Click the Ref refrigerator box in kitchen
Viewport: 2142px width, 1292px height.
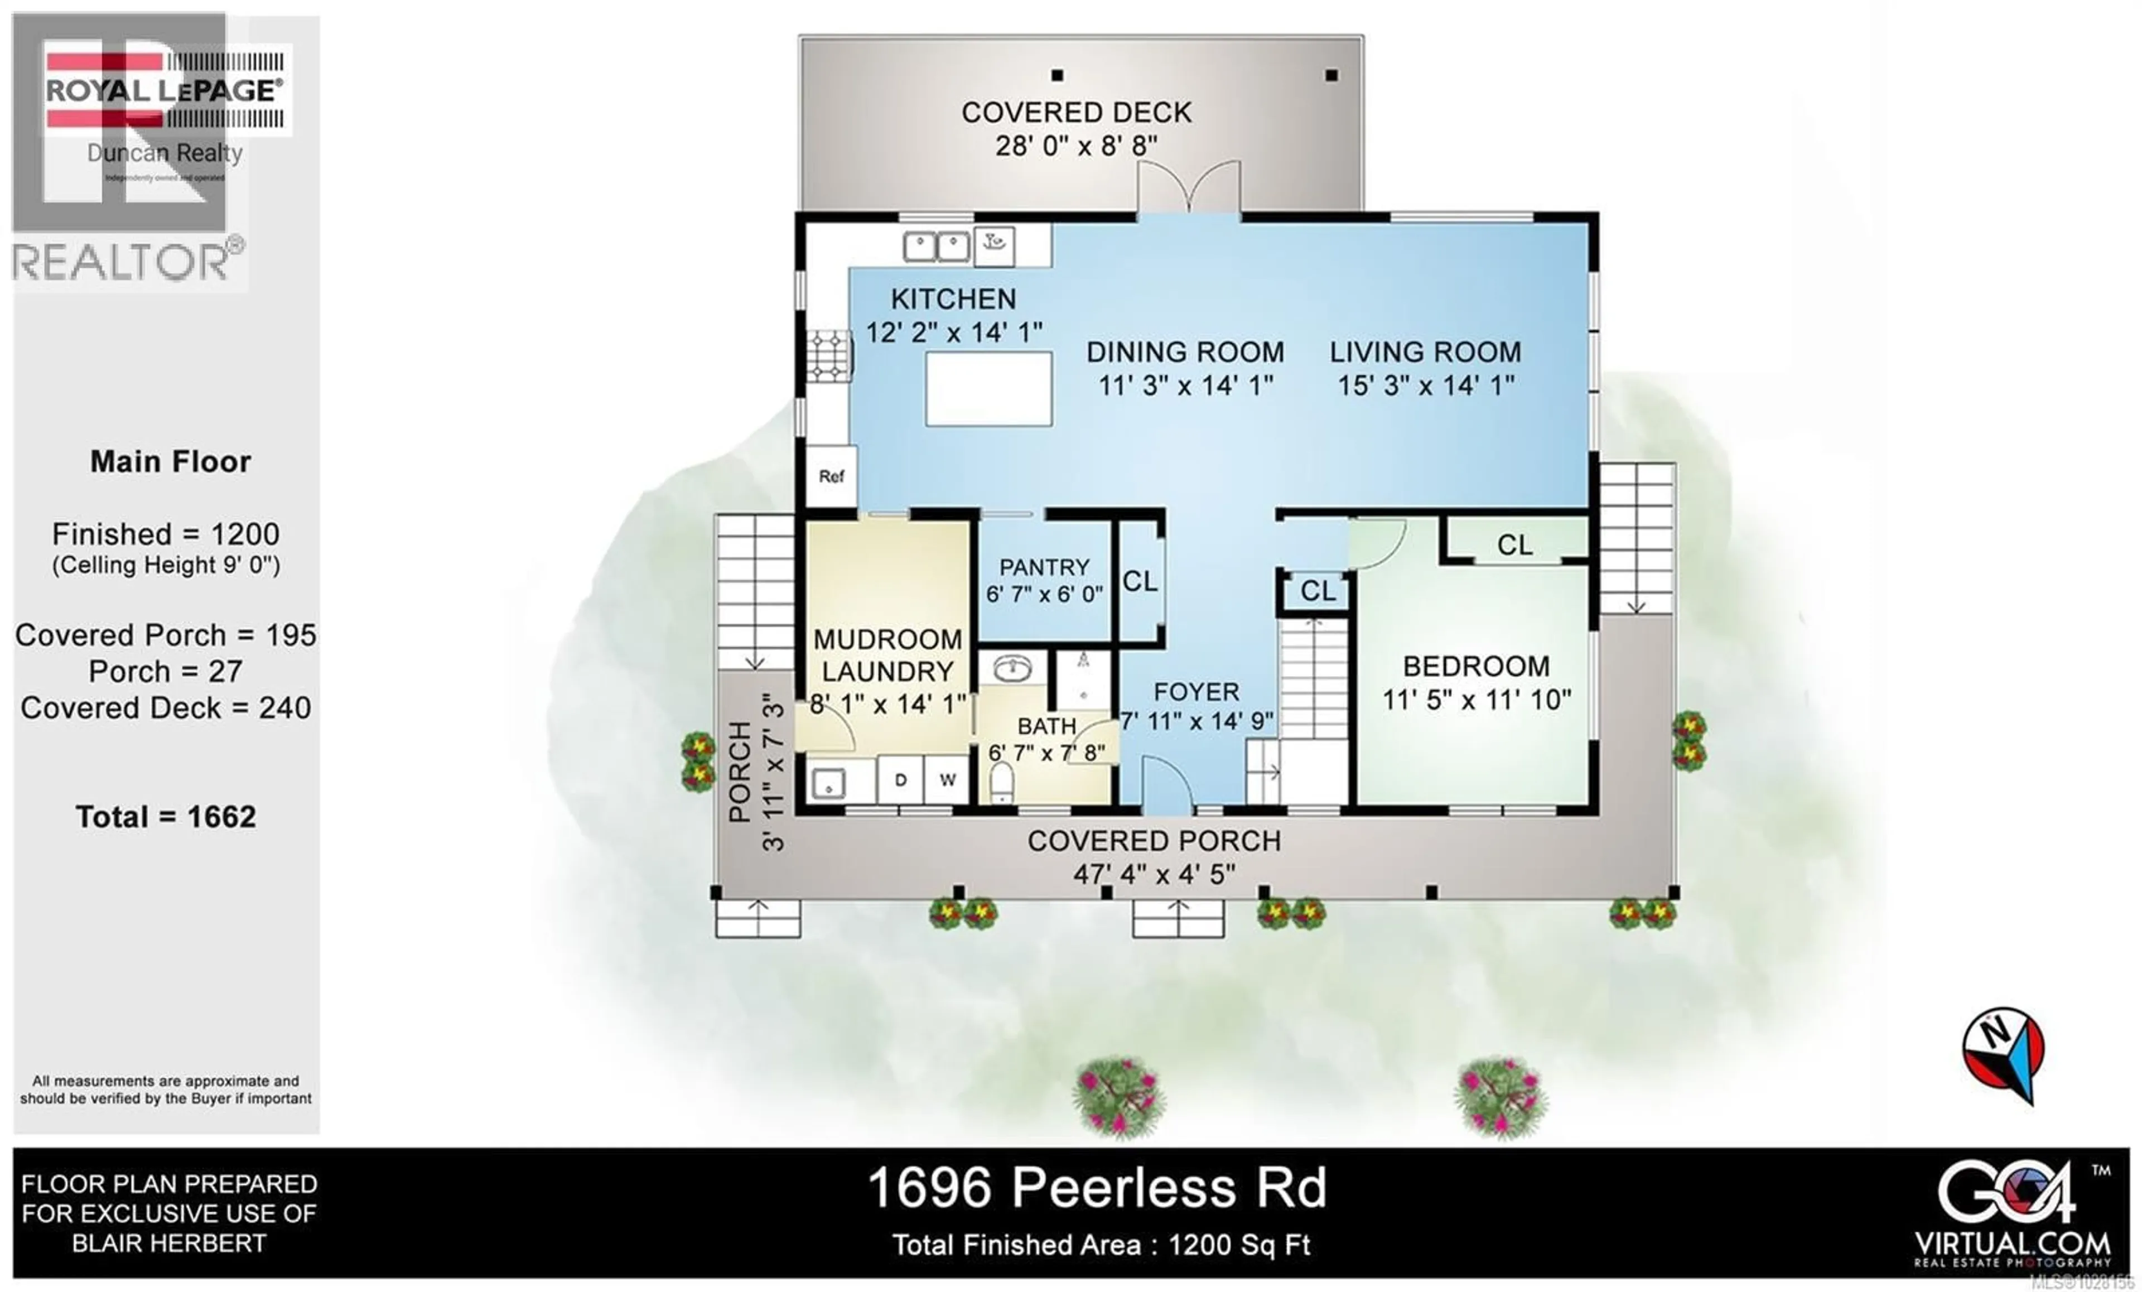pos(831,476)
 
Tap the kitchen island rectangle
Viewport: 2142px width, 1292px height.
pos(988,389)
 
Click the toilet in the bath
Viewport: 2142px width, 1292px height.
pos(1001,781)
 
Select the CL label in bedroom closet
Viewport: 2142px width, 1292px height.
pos(1514,545)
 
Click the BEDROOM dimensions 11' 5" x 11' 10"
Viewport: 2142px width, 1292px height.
pos(1476,700)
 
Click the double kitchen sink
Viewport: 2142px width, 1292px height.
pos(936,246)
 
